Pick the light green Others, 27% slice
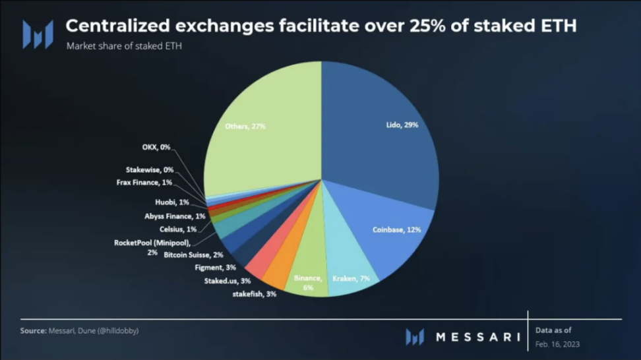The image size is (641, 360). (x=264, y=119)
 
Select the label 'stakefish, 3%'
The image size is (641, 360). (x=254, y=294)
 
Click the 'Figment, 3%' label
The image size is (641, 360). (x=216, y=267)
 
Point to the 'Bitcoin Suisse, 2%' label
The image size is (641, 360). (x=193, y=255)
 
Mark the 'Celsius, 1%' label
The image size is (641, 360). (x=178, y=229)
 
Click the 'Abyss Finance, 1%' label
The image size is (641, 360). (x=175, y=216)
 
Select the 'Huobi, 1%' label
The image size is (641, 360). (x=171, y=202)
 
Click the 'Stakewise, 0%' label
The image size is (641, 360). (x=150, y=169)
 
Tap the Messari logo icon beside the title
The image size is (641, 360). (x=38, y=34)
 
